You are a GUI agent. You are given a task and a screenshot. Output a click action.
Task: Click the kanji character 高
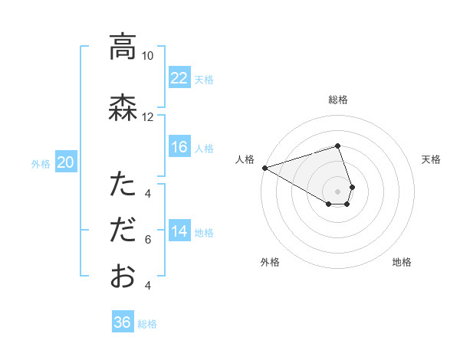[x=123, y=47]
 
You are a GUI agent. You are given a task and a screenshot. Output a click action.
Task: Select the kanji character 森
[x=123, y=107]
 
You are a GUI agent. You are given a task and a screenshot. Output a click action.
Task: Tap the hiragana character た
[x=123, y=185]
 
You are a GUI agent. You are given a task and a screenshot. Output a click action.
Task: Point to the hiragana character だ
[x=123, y=230]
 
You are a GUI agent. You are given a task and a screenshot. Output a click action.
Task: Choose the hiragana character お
[x=123, y=276]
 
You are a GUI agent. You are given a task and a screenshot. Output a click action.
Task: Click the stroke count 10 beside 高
[x=148, y=56]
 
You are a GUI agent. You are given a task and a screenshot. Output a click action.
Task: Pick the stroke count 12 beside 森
[x=148, y=116]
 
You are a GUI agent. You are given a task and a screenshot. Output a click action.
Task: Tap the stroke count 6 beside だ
[x=148, y=240]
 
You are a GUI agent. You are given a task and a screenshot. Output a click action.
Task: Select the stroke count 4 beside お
[x=148, y=286]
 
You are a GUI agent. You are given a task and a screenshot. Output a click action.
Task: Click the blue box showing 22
[x=179, y=78]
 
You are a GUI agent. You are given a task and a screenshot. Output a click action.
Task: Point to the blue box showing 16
[x=179, y=147]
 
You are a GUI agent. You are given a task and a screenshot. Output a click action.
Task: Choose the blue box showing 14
[x=179, y=231]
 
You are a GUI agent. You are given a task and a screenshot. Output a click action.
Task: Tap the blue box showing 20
[x=66, y=162]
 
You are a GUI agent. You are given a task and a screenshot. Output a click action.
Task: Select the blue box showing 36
[x=123, y=322]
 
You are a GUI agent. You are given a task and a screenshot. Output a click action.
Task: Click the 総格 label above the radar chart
[x=338, y=100]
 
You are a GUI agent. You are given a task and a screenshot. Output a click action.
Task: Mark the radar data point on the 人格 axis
[x=264, y=167]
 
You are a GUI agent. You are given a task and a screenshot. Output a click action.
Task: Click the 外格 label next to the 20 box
[x=41, y=163]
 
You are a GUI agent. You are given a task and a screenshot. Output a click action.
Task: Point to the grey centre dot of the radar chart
[x=338, y=191]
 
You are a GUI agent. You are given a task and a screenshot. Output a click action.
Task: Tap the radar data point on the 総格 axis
[x=338, y=146]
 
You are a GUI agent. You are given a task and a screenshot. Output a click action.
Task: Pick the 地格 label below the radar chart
[x=402, y=262]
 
